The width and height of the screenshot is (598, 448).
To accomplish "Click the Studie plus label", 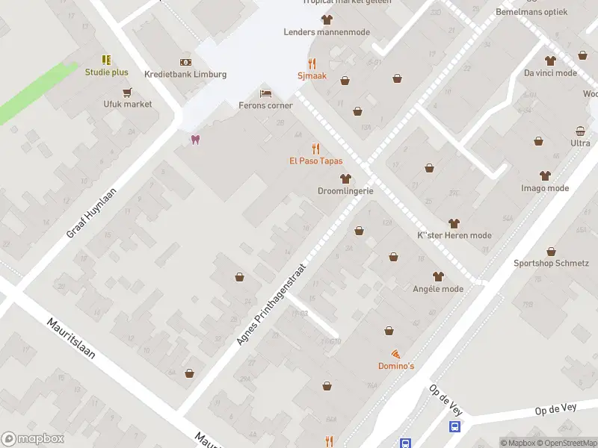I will point(106,72).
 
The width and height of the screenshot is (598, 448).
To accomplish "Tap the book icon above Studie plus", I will point(106,60).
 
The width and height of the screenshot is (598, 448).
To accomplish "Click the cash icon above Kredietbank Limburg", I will point(185,62).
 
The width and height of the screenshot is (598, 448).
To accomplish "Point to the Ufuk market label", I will point(128,104).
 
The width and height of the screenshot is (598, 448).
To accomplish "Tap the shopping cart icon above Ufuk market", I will point(128,93).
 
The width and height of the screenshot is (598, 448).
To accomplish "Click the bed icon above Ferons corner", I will point(265,93).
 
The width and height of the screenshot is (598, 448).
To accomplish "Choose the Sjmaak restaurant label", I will point(312,76).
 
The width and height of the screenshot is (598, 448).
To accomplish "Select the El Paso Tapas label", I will point(316,161).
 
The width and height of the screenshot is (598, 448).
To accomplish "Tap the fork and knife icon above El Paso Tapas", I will point(316,149).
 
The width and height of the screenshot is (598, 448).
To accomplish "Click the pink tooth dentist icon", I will point(195,140).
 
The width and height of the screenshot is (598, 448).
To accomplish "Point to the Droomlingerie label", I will point(345,191).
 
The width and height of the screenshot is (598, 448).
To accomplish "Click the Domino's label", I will point(395,366).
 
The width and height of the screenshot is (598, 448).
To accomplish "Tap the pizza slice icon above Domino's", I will point(395,353).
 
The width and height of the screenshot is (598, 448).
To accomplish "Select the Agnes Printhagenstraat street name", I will point(271,302).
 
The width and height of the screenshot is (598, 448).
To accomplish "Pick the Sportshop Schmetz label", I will point(551,264).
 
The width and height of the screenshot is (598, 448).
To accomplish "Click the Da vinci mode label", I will point(550,73).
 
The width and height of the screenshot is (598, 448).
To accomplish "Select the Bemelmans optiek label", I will point(531,13).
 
